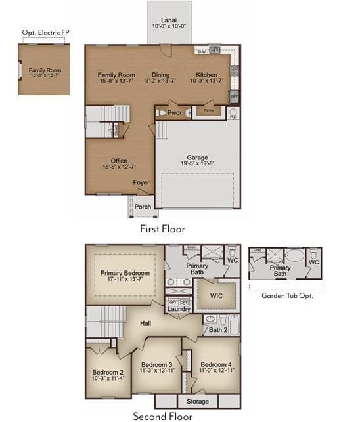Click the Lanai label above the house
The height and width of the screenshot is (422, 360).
[x=169, y=20]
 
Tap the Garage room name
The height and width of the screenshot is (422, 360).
[x=197, y=158]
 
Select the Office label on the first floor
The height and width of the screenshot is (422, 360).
[x=119, y=161]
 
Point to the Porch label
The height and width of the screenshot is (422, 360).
[x=143, y=206]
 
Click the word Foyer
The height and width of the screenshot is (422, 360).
[x=141, y=183]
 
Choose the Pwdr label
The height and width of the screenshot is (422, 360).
[x=174, y=113]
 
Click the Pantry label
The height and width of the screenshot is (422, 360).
[x=208, y=110]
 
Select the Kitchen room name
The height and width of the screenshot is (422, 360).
[x=207, y=75]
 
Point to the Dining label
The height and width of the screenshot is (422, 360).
[x=160, y=75]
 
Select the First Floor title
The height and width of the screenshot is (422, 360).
[x=162, y=229]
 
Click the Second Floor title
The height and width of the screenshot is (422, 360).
[x=162, y=415]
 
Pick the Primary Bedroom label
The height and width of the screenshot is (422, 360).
[x=125, y=273]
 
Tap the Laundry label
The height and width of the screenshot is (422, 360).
[x=178, y=309]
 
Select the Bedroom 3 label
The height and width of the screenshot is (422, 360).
[x=156, y=365]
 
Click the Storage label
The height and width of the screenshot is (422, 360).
[x=198, y=401]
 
